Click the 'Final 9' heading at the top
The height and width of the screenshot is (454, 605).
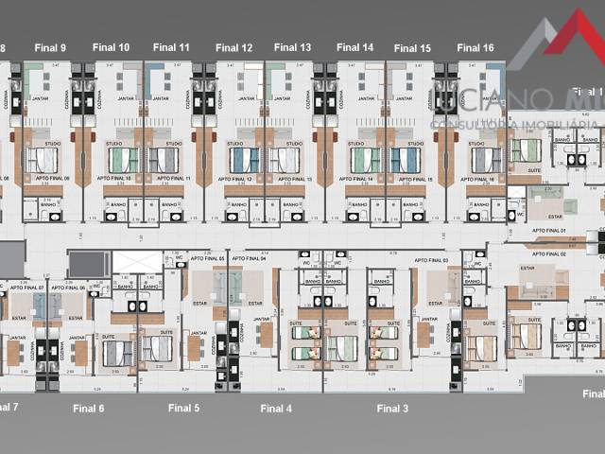point(50,48)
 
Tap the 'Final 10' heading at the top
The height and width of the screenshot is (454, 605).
point(111,47)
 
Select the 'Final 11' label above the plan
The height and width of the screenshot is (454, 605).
point(171,46)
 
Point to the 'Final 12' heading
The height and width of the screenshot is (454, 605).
point(233,47)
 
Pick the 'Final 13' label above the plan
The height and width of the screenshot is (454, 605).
point(292,47)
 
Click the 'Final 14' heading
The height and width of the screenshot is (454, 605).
point(354,47)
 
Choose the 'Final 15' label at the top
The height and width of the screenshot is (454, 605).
point(412,48)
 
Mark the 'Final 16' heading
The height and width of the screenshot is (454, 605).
point(475,47)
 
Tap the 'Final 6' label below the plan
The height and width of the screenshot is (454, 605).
point(89,409)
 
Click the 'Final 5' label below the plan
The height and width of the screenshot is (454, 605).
point(183,409)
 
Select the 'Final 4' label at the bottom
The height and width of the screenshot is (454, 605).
point(276,409)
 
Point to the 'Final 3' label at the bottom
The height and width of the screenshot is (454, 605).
point(392,409)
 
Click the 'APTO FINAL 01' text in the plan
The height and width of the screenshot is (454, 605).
point(549,231)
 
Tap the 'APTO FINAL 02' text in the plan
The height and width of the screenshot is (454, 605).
point(549,253)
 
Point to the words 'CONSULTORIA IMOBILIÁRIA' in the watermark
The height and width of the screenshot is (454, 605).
point(511,124)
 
